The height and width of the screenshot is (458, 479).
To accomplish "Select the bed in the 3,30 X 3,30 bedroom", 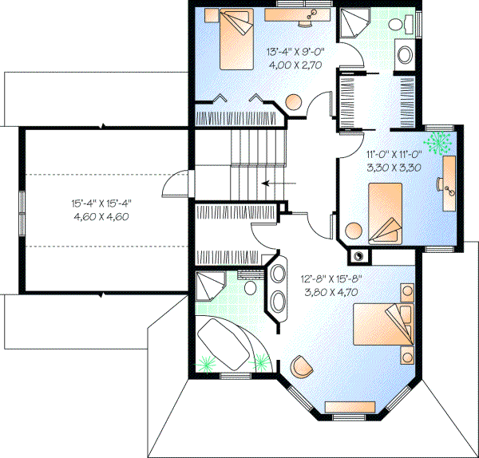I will (386, 211).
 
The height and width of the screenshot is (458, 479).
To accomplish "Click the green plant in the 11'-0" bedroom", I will (437, 142).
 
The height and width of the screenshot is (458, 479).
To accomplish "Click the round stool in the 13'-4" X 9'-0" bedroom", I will (294, 103).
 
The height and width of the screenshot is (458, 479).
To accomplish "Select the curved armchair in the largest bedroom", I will (302, 365).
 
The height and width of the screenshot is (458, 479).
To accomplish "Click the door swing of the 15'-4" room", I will (172, 185).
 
